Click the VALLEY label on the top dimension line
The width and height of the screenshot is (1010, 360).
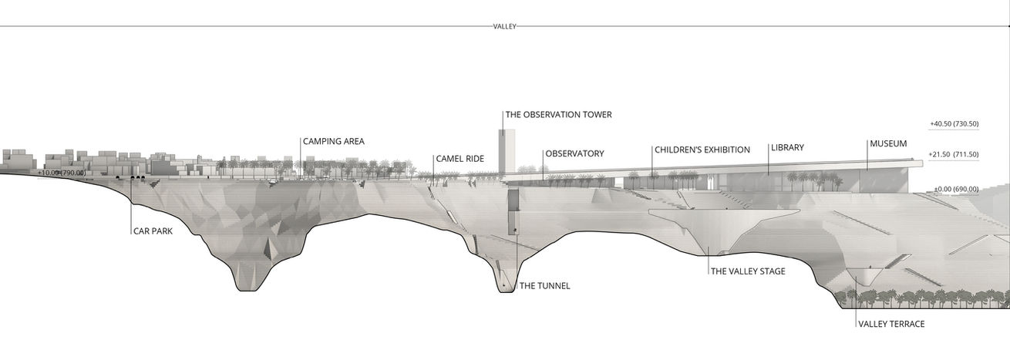(x=504, y=26)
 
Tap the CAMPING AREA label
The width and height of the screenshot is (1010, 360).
(x=333, y=142)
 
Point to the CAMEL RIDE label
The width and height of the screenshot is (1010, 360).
(x=460, y=159)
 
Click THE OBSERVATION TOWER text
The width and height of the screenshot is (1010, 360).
(x=558, y=115)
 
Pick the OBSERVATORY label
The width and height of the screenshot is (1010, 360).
(x=574, y=153)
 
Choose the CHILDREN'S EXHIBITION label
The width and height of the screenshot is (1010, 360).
(x=702, y=150)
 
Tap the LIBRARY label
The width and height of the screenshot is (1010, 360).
(x=787, y=147)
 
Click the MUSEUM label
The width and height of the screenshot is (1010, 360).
(x=888, y=144)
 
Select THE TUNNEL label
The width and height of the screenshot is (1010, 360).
(x=544, y=286)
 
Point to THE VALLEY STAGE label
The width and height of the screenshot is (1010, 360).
(x=747, y=271)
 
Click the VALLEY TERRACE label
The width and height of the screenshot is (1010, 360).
(x=890, y=325)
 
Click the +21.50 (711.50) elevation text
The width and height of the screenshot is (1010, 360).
(x=954, y=155)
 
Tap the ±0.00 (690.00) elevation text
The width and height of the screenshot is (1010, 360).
(x=955, y=189)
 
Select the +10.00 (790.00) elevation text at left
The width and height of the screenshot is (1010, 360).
(x=62, y=173)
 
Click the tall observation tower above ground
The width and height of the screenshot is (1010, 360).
(x=506, y=150)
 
